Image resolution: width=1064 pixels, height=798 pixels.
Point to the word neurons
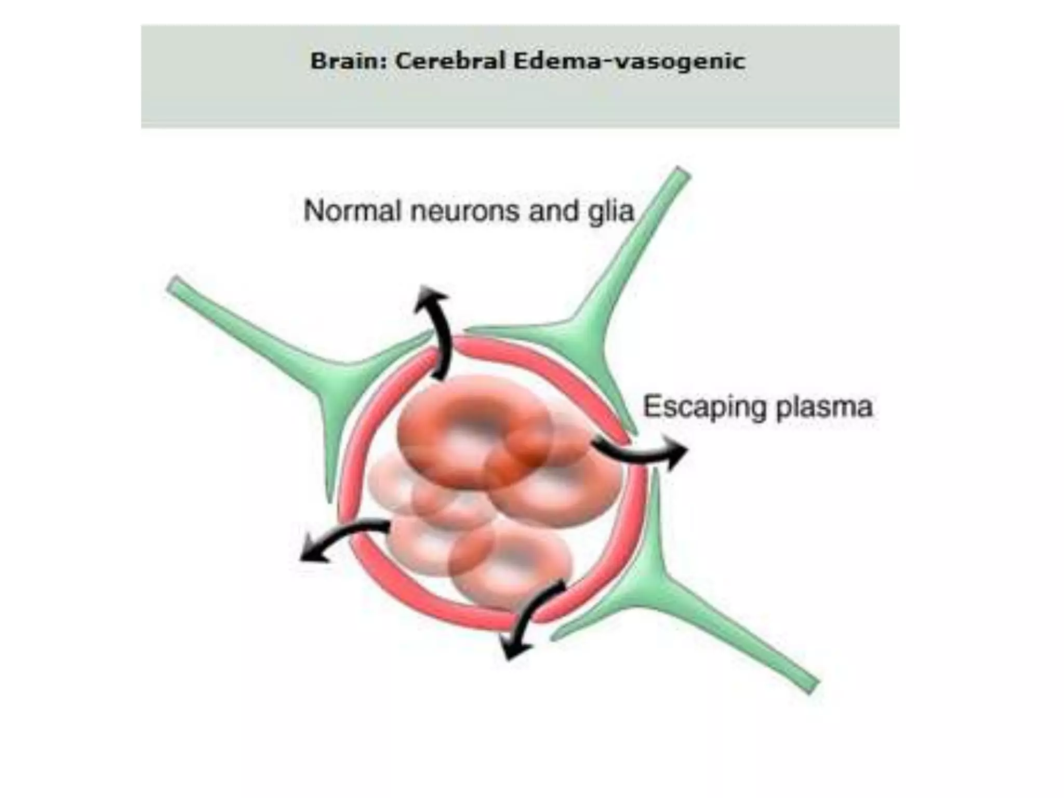[465, 211]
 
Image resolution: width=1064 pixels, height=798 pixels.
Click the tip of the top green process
[682, 173]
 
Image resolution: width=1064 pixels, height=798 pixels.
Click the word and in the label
[553, 211]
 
